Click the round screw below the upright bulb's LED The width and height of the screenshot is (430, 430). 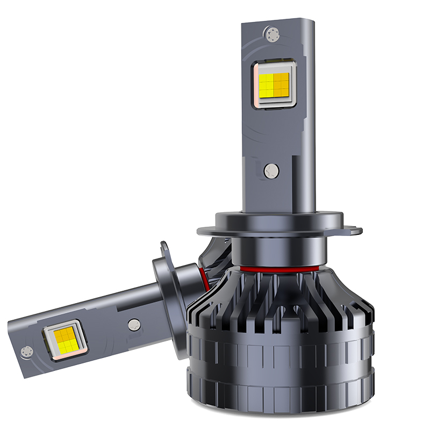pos(272,171)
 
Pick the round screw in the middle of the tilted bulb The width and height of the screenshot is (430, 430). pos(134,324)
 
